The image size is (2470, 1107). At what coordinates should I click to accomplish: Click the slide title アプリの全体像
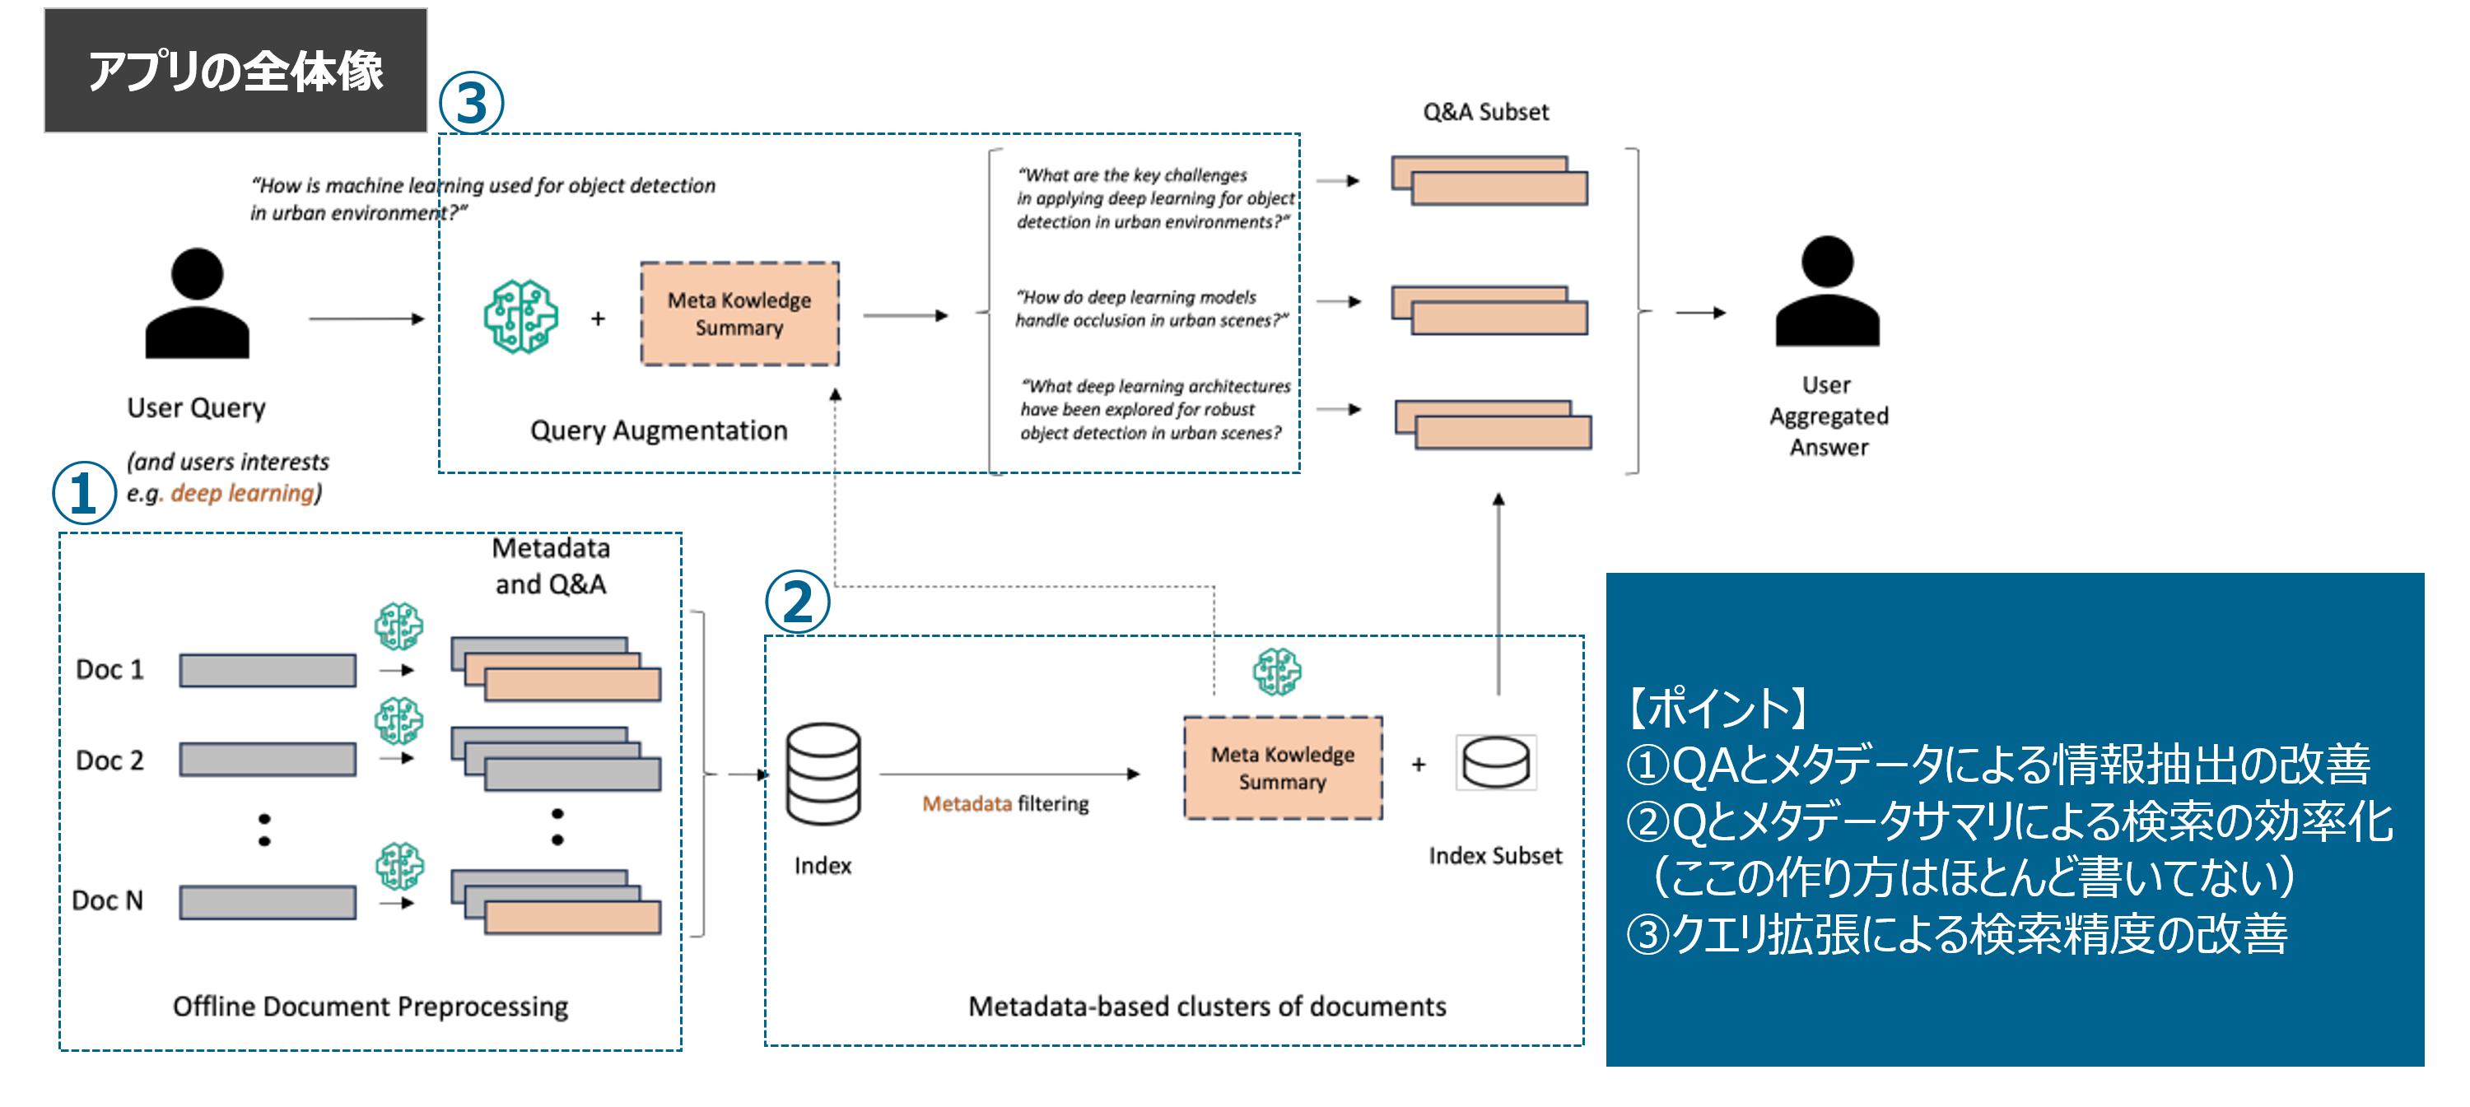pyautogui.click(x=235, y=71)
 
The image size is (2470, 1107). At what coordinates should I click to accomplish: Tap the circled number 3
pyautogui.click(x=471, y=104)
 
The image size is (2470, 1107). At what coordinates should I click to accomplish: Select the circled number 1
pyautogui.click(x=84, y=493)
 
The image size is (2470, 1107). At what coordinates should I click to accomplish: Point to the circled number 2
pyautogui.click(x=797, y=602)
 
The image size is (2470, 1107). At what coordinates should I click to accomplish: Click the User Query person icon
pyautogui.click(x=197, y=304)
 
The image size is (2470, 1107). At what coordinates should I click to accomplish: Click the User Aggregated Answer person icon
pyautogui.click(x=1827, y=291)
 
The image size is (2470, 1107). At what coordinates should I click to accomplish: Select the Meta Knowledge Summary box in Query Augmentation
pyautogui.click(x=739, y=314)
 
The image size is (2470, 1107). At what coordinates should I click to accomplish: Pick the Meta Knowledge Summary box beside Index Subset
pyautogui.click(x=1282, y=768)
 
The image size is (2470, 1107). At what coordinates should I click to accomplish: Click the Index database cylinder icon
pyautogui.click(x=823, y=774)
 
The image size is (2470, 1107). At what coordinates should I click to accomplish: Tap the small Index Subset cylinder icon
pyautogui.click(x=1496, y=763)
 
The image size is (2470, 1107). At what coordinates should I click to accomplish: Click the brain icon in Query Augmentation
pyautogui.click(x=520, y=317)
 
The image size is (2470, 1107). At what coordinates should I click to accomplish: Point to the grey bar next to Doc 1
pyautogui.click(x=268, y=670)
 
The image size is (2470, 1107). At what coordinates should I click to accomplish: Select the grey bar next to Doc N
pyautogui.click(x=268, y=902)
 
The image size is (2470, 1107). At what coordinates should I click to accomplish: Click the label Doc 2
pyautogui.click(x=110, y=760)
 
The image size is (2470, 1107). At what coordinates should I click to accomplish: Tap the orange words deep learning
pyautogui.click(x=243, y=494)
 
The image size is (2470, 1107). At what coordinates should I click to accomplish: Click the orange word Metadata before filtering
pyautogui.click(x=967, y=804)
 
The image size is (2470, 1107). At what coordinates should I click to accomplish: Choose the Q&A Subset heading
pyautogui.click(x=1485, y=112)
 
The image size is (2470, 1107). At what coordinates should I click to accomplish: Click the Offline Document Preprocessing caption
pyautogui.click(x=370, y=1007)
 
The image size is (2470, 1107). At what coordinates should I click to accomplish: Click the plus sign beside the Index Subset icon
pyautogui.click(x=1418, y=764)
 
